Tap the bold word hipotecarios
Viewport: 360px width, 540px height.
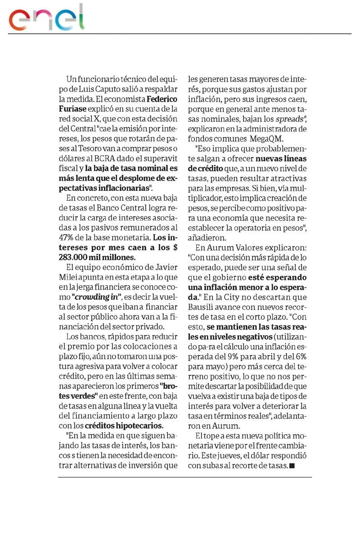(138, 425)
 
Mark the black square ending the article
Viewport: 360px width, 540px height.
(292, 465)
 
